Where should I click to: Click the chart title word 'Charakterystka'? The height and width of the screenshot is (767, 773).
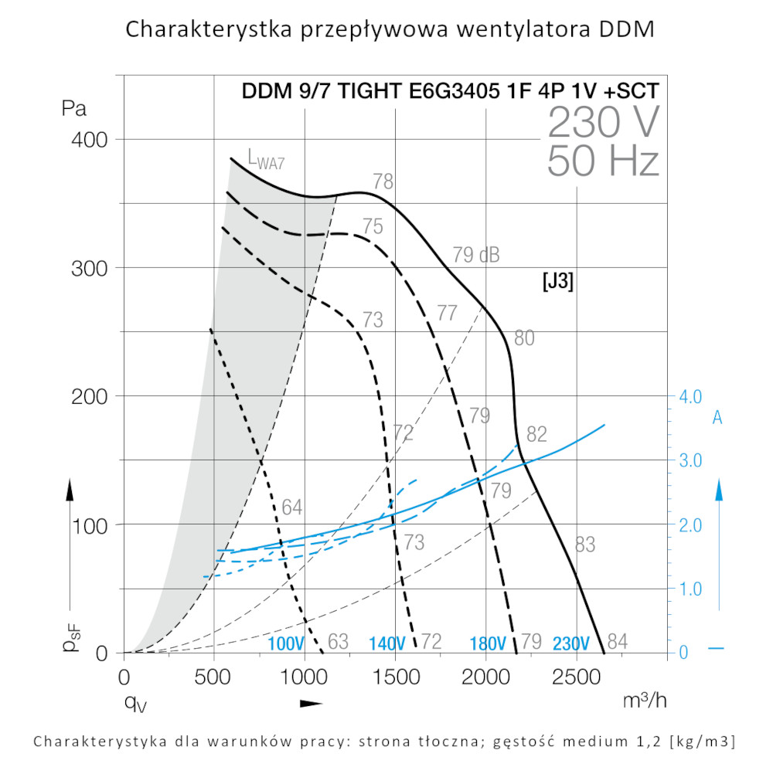208,31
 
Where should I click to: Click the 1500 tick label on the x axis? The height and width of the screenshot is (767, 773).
395,679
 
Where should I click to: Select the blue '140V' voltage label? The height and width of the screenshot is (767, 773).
387,643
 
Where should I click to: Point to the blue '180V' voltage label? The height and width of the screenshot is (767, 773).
489,643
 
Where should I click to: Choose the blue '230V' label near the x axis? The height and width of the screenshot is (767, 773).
571,643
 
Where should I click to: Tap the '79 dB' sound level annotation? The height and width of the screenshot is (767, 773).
475,254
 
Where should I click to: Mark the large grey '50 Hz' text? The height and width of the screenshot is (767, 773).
603,161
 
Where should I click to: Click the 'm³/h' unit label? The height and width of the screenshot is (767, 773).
645,700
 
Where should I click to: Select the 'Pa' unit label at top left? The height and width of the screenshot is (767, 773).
75,107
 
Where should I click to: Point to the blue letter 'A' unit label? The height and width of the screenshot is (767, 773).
717,418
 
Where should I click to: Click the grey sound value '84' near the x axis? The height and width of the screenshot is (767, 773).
617,641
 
